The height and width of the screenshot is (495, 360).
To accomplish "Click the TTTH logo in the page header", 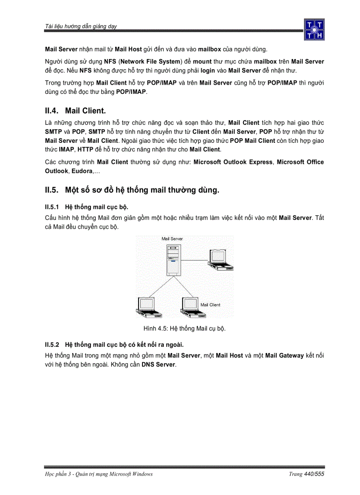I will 314,30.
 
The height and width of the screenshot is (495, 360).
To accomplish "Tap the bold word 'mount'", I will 202,62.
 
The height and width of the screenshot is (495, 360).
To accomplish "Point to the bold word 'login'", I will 207,71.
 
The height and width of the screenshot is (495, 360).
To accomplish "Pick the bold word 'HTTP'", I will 79,149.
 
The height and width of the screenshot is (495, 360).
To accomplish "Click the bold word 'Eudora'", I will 82,171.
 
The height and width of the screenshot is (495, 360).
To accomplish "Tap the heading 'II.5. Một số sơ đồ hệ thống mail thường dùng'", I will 132,190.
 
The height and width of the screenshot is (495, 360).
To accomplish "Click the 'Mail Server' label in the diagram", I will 172,239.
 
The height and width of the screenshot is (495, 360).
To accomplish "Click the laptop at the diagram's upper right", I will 221,260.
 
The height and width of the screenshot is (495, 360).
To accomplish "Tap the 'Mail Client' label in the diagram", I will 210,305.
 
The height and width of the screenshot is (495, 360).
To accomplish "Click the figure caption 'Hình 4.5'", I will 184,329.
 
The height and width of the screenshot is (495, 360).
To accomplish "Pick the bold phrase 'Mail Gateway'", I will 284,356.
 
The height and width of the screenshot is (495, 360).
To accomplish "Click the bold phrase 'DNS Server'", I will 158,365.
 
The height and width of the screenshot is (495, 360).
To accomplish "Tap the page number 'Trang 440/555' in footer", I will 306,474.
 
